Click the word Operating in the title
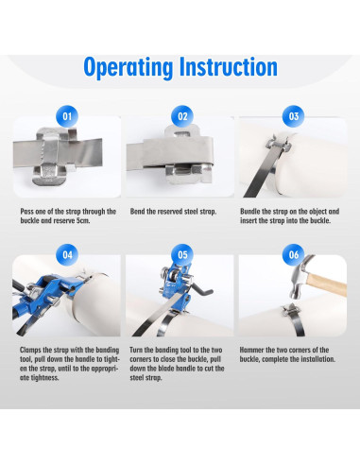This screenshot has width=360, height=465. tap(129, 67)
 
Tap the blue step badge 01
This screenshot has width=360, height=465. tap(67, 116)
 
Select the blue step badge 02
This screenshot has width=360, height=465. tap(182, 116)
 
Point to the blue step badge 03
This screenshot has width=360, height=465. tap(294, 116)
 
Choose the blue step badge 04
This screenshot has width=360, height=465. tap(67, 254)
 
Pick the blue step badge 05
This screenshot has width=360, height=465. tap(182, 254)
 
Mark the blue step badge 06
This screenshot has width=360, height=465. tap(294, 254)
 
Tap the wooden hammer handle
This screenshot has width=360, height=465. tap(327, 284)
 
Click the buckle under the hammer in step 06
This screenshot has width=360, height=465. tap(290, 311)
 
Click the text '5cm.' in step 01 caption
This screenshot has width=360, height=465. tap(83, 220)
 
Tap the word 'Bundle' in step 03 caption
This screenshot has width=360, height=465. tap(250, 212)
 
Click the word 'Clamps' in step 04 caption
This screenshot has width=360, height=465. tap(30, 350)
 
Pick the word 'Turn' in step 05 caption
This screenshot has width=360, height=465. tap(136, 350)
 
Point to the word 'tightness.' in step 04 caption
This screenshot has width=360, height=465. tap(40, 378)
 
